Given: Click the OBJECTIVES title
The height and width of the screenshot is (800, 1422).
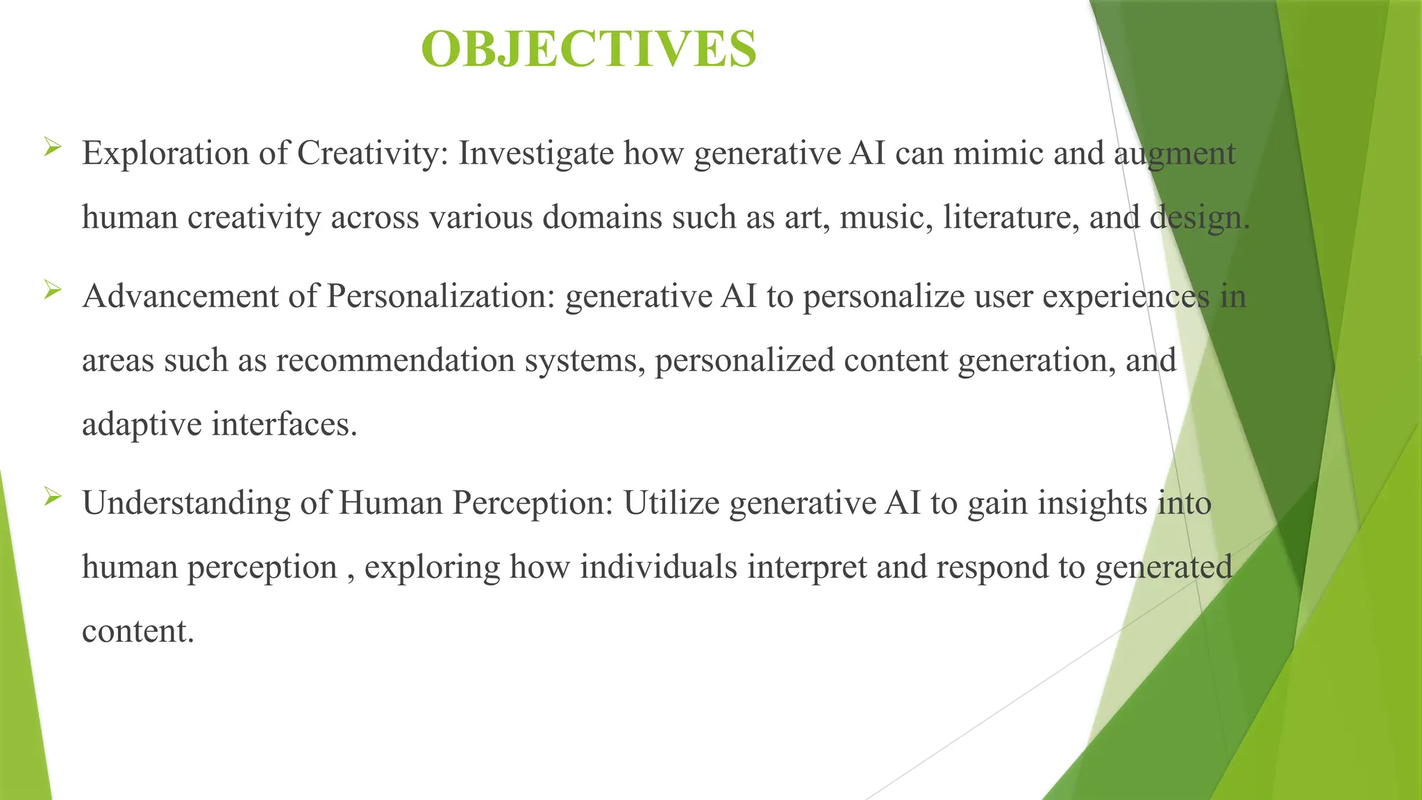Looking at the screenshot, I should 589,49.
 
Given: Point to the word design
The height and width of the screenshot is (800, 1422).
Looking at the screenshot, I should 1199,217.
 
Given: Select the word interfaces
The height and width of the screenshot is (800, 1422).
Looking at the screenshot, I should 284,424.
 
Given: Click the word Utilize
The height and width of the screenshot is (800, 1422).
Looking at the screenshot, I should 671,503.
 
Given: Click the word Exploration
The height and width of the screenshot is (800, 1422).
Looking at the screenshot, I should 165,154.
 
